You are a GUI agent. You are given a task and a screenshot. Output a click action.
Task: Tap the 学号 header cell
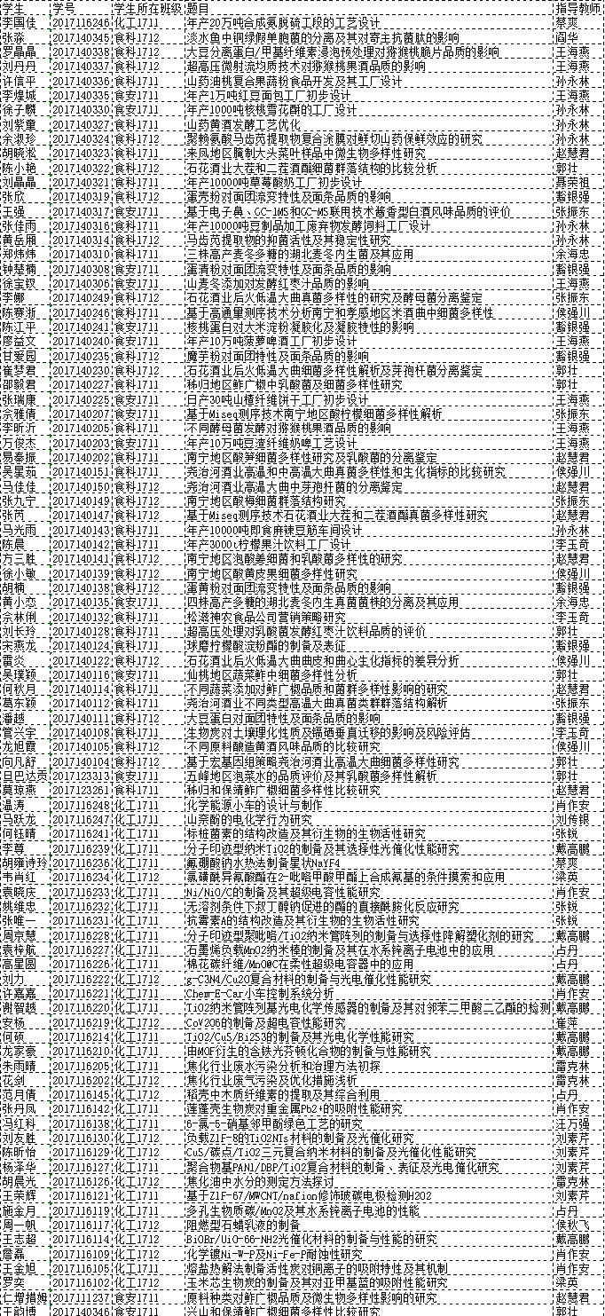(63, 7)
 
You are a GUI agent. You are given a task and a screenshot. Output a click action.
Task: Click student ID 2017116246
(81, 22)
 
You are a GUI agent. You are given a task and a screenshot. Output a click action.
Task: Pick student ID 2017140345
(81, 37)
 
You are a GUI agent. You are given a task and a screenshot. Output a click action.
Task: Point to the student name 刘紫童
(19, 124)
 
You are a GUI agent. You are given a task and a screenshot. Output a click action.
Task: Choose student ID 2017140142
(81, 543)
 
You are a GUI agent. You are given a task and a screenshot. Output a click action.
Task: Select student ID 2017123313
(81, 775)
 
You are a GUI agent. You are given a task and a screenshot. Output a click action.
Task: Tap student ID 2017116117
(81, 1224)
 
